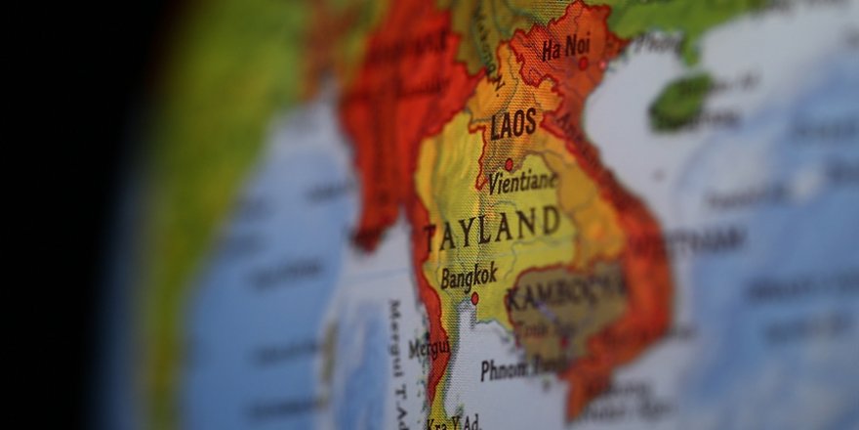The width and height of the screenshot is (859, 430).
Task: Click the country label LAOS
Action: tap(513, 125)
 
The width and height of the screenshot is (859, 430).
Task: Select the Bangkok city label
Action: tap(469, 275)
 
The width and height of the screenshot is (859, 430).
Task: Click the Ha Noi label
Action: tap(566, 47)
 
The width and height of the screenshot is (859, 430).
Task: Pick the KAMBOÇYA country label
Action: tap(565, 290)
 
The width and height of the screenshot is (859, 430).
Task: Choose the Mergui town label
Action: tap(429, 347)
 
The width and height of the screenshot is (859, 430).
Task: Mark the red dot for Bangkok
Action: tap(475, 298)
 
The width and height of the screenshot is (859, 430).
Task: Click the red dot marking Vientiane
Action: tap(508, 164)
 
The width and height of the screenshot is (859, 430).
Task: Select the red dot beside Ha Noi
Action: tap(583, 64)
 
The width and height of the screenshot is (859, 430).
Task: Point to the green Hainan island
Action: tap(680, 101)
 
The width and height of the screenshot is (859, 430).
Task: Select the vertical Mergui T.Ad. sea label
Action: tap(399, 352)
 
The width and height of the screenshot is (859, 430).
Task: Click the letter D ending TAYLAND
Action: tap(552, 220)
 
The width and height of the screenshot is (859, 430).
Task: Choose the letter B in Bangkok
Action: tap(446, 279)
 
